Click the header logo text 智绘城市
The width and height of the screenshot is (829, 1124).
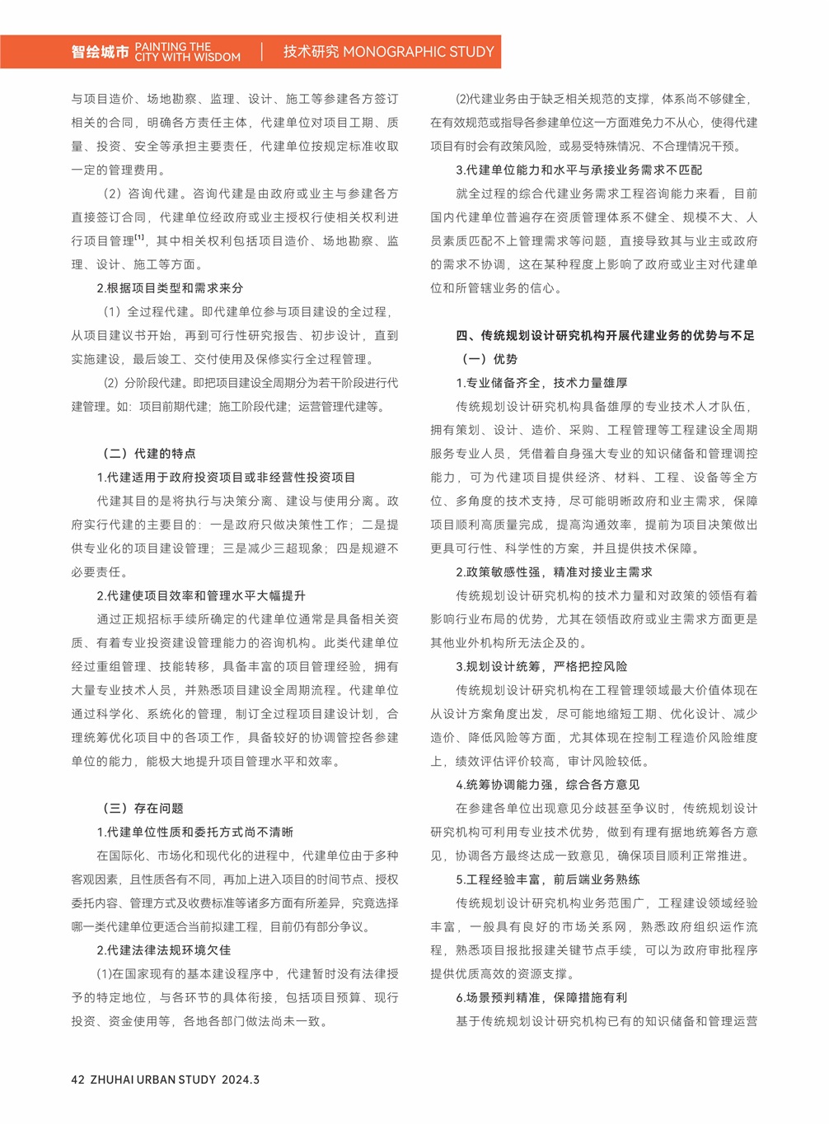(x=100, y=52)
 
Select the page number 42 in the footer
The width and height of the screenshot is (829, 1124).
(x=78, y=1080)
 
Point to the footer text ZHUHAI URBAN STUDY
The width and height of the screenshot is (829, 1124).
(x=152, y=1080)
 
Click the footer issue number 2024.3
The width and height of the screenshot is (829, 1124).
(x=240, y=1080)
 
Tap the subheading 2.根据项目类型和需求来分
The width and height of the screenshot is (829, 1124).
(x=170, y=288)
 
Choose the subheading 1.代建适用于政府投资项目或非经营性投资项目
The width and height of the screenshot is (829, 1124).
(x=226, y=478)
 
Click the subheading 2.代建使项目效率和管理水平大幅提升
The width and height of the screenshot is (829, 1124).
(x=201, y=595)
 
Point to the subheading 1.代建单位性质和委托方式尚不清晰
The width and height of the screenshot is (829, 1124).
(x=194, y=833)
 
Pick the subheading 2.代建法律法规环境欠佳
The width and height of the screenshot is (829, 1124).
(x=163, y=950)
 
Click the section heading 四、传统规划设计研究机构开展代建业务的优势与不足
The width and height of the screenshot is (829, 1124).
(x=605, y=335)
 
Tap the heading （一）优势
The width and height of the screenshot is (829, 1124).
(x=487, y=359)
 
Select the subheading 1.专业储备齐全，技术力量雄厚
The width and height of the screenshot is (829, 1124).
(x=541, y=383)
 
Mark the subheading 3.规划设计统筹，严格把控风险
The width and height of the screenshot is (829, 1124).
(x=541, y=666)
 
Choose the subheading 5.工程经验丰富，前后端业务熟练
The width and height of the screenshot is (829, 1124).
(x=548, y=879)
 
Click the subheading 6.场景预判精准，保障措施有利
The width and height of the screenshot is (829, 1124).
(x=541, y=997)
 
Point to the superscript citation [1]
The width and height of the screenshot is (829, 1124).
(x=140, y=239)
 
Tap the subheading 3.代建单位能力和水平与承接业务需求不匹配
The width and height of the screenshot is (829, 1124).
(x=579, y=170)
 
